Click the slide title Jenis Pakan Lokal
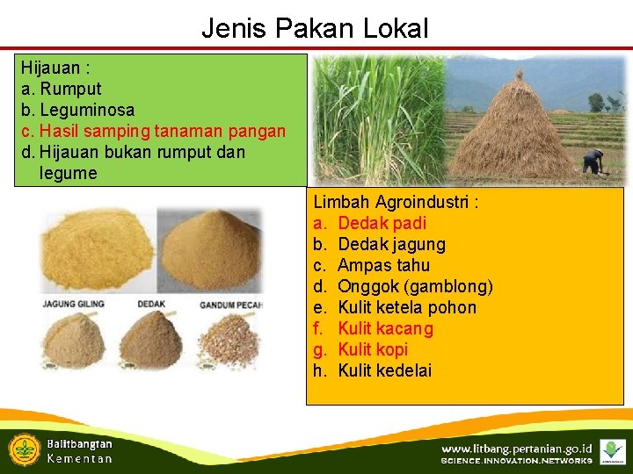tap(315, 28)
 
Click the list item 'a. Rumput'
tap(62, 89)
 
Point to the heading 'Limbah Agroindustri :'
tap(396, 202)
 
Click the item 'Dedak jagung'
tap(391, 244)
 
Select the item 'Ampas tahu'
tap(383, 265)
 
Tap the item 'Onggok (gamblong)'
tap(415, 286)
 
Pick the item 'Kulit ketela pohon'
tap(406, 307)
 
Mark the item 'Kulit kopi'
tap(373, 349)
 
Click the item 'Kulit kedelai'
tap(384, 370)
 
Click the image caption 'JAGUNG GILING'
tap(74, 305)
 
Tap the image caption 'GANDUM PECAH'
tap(233, 305)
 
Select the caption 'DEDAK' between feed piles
tap(150, 305)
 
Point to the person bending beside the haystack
tap(594, 162)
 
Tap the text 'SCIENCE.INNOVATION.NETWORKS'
tap(516, 461)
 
